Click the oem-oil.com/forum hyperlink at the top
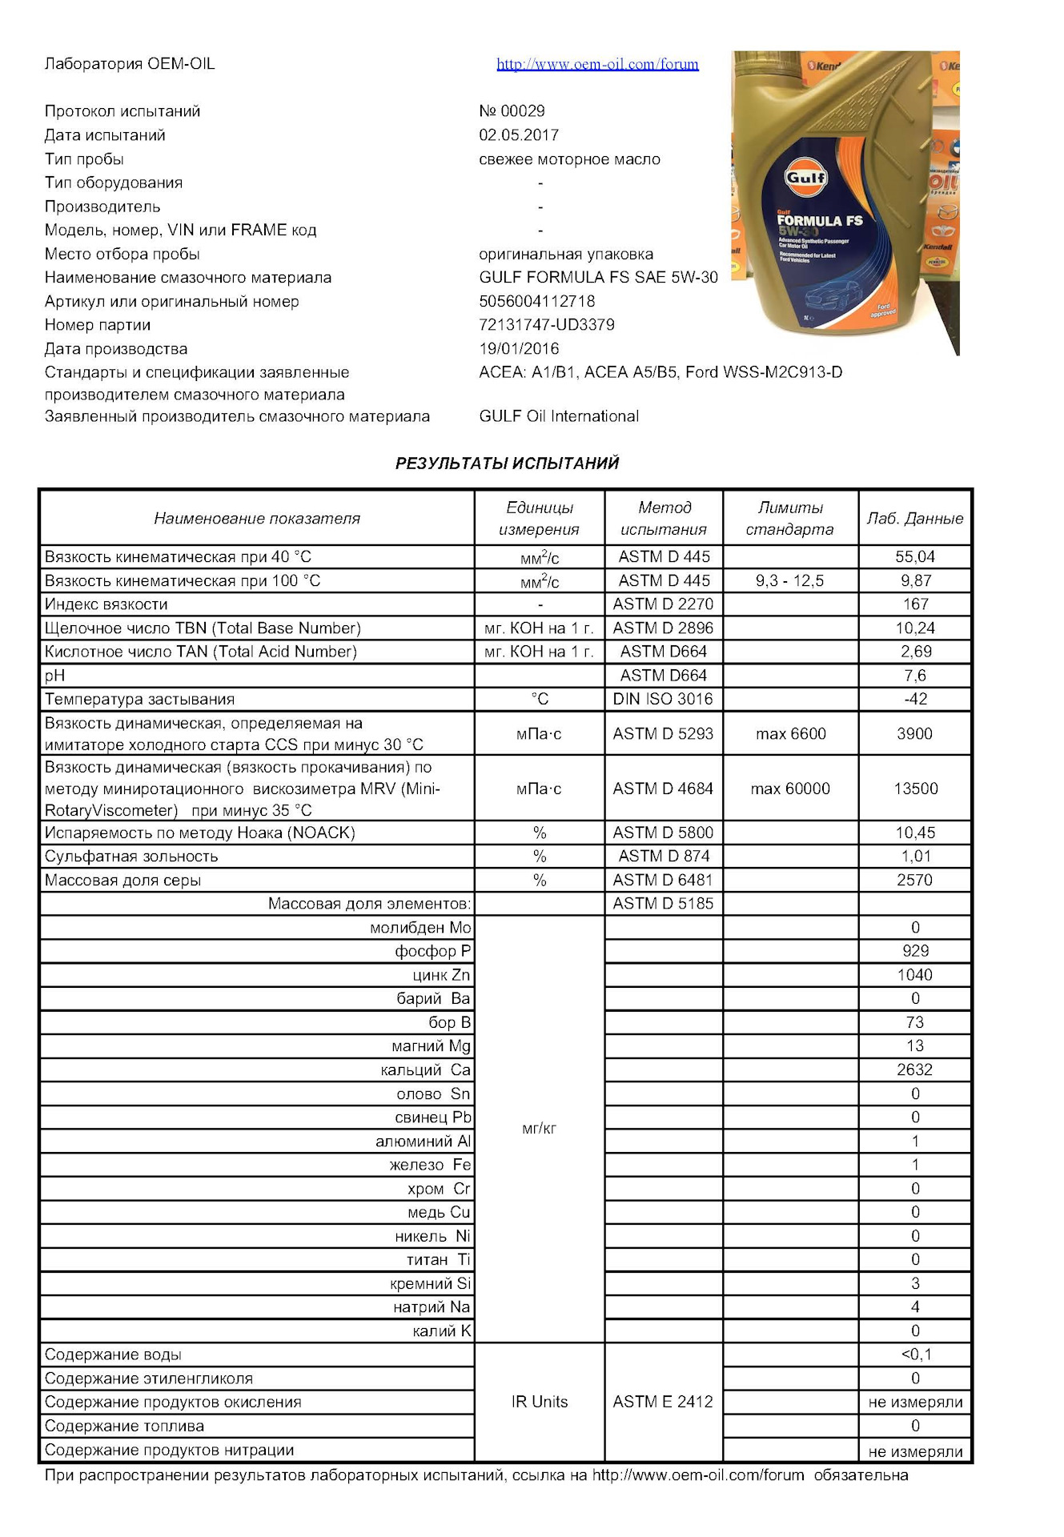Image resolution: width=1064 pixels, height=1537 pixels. tap(597, 64)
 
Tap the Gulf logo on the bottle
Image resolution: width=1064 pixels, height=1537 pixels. tap(805, 178)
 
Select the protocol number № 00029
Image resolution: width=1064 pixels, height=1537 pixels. tap(512, 111)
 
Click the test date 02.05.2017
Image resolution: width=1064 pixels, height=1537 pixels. tap(519, 135)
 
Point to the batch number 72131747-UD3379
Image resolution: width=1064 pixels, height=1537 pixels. tap(547, 325)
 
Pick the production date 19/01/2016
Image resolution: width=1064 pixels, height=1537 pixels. tap(519, 349)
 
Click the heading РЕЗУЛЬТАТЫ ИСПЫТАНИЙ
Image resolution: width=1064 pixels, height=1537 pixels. tap(507, 464)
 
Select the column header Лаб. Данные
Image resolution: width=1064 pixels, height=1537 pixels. tap(915, 519)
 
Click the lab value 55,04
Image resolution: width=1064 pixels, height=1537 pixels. tap(915, 557)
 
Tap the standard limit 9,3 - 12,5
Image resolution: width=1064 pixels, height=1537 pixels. tap(789, 581)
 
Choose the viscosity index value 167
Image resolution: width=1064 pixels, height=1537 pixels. tap(915, 604)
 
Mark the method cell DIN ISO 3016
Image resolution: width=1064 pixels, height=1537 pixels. tap(663, 700)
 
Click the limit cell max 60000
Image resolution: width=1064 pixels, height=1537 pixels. tap(790, 789)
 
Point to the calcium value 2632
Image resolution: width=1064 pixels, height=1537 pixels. tap(915, 1070)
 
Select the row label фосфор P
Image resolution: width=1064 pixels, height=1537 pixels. tap(432, 952)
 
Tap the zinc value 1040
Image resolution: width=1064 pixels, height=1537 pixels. tap(915, 975)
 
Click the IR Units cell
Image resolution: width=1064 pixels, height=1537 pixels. tap(540, 1403)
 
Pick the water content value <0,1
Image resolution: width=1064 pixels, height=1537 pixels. tap(916, 1355)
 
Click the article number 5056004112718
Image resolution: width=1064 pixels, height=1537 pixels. tap(537, 302)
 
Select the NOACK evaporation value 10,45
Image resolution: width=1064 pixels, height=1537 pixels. tap(915, 833)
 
